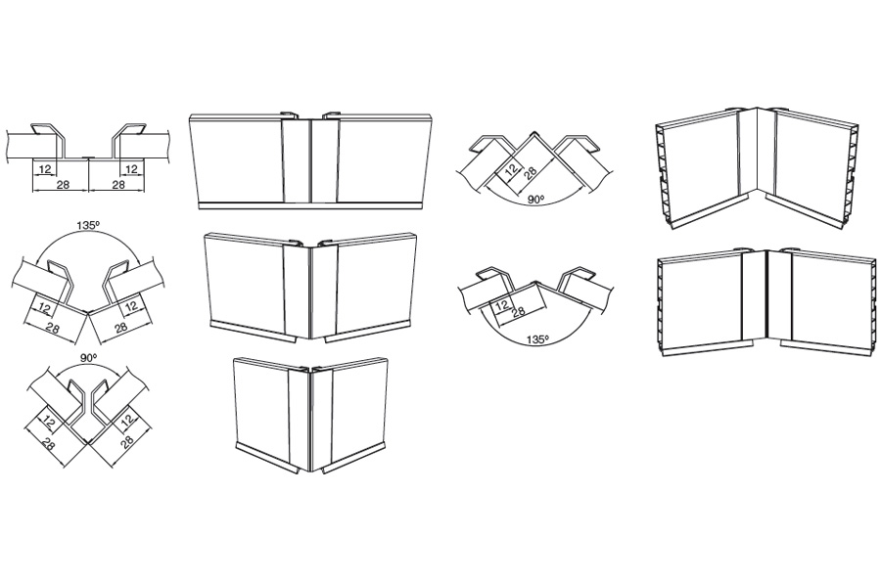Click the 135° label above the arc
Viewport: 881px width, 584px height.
[x=88, y=225]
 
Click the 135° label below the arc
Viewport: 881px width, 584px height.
[x=536, y=339]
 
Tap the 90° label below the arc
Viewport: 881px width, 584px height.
[x=537, y=199]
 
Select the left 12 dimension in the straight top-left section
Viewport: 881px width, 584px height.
[x=45, y=169]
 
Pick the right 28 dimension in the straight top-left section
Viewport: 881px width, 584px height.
[x=118, y=184]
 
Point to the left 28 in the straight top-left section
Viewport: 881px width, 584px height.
[x=63, y=184]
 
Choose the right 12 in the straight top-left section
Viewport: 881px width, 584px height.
[x=131, y=169]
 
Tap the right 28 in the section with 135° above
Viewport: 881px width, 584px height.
[x=120, y=327]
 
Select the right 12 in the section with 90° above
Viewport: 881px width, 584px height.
[x=127, y=419]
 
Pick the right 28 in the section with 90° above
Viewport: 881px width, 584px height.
[x=127, y=441]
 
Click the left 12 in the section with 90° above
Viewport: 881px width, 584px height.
[x=50, y=420]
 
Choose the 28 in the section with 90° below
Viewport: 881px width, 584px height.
[x=530, y=171]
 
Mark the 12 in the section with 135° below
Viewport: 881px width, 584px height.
[x=502, y=305]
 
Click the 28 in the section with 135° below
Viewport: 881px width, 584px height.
[x=519, y=311]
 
